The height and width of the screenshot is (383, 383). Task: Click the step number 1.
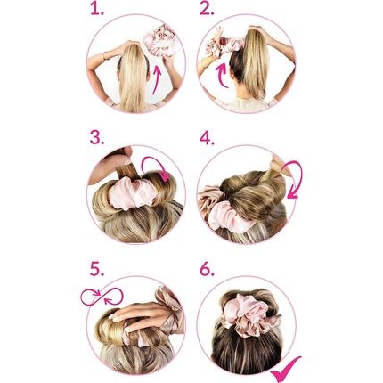tap(97, 11)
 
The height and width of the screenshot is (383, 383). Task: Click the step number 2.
tap(208, 11)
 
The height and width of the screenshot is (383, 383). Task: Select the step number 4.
tap(208, 137)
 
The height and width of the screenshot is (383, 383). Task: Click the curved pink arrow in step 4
tap(292, 178)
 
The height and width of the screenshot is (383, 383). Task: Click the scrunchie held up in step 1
tap(160, 39)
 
